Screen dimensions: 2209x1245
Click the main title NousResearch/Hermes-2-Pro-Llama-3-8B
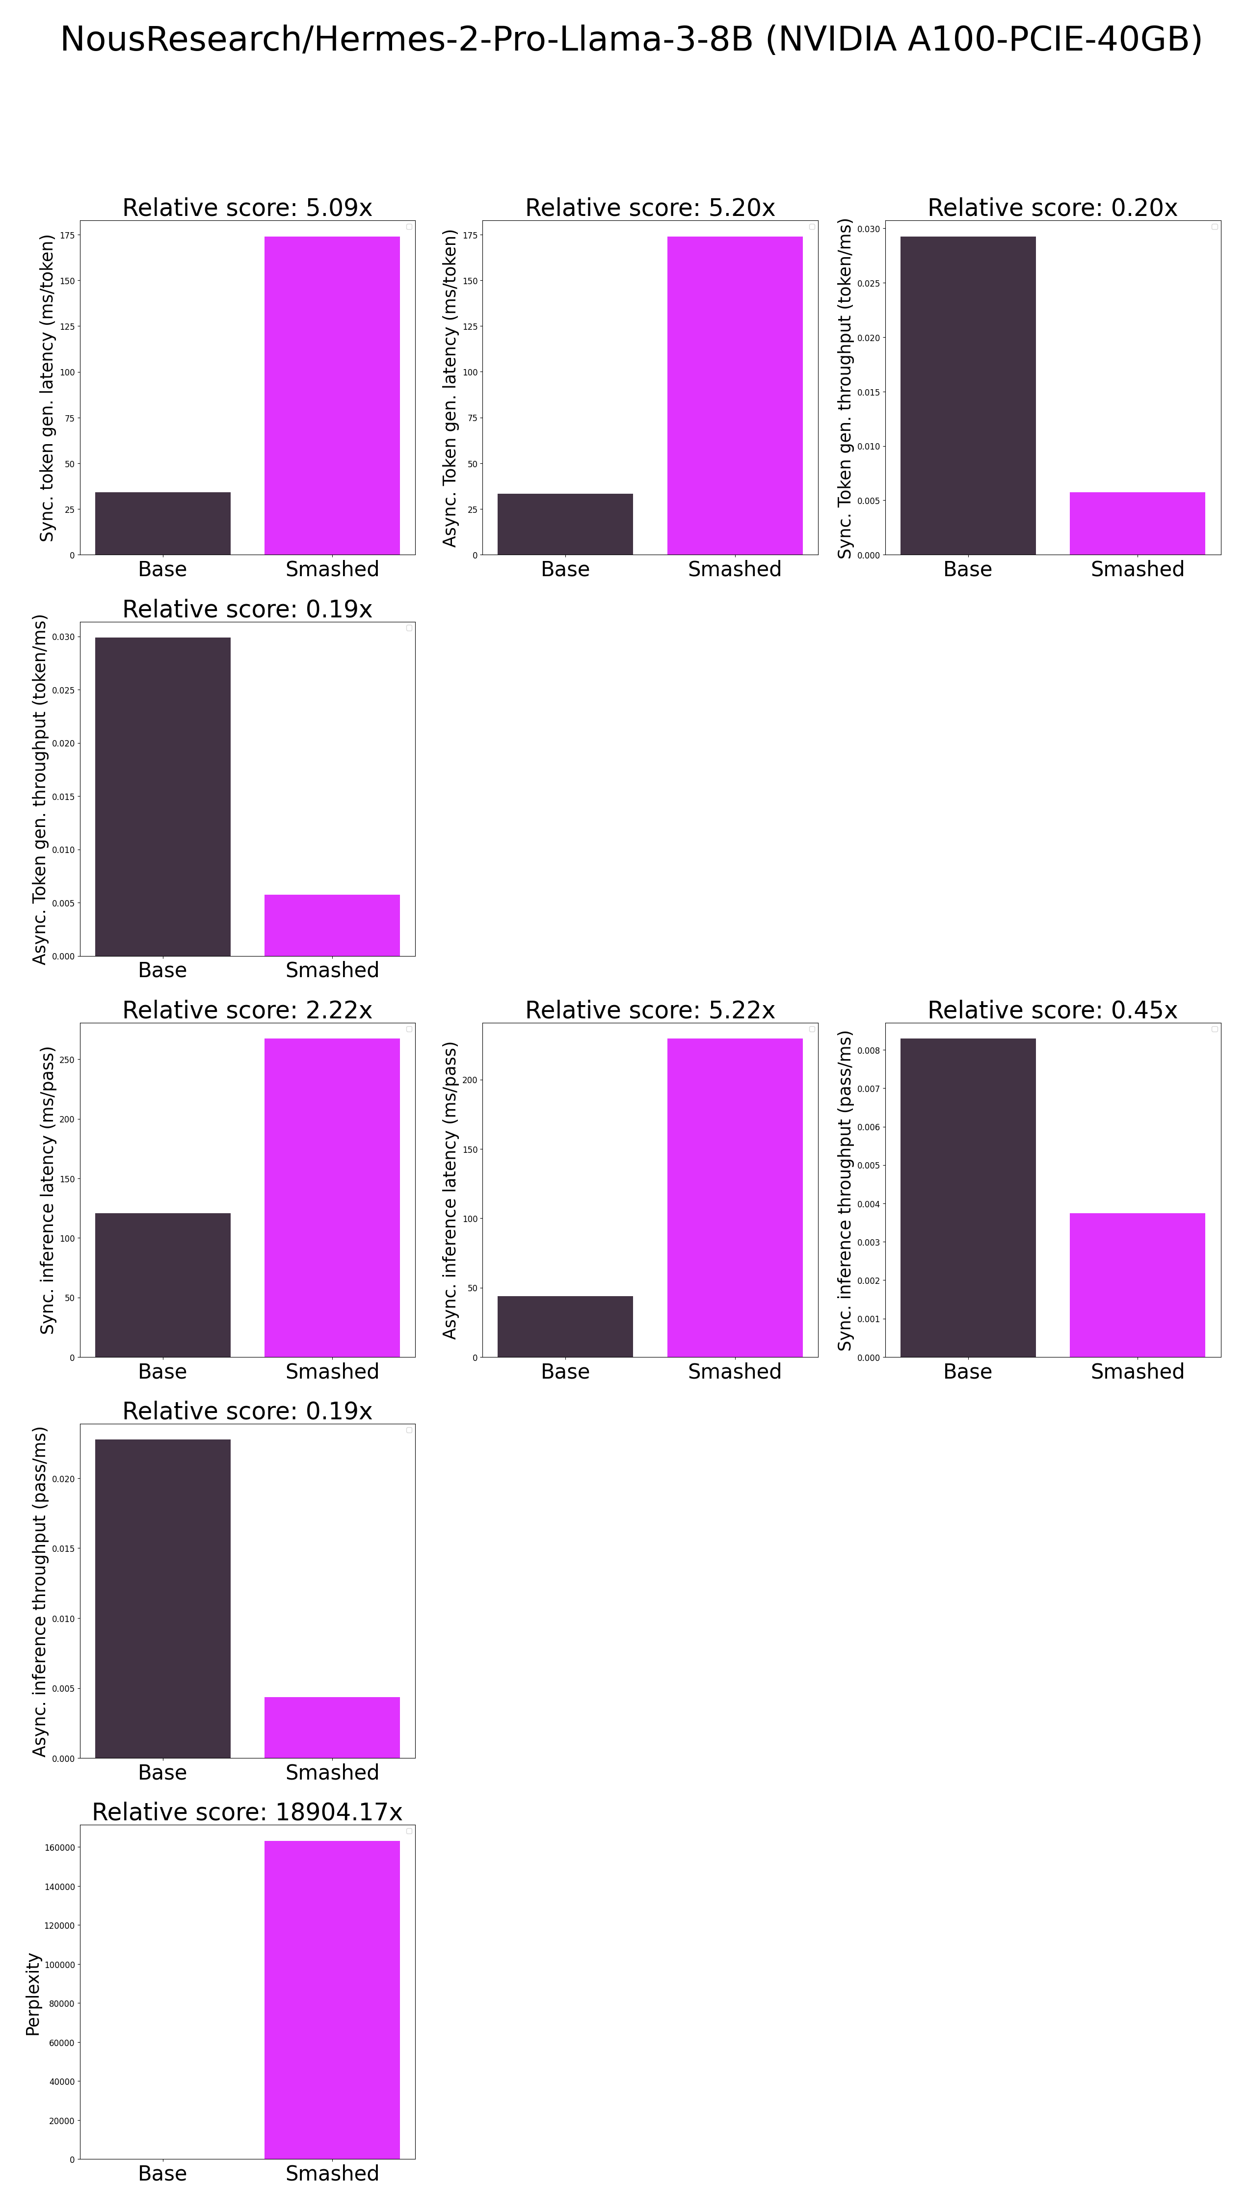(x=631, y=39)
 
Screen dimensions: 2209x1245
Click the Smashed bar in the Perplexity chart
(x=332, y=1998)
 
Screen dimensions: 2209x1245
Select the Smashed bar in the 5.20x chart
(x=735, y=395)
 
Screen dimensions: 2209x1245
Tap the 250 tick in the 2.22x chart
(x=67, y=1060)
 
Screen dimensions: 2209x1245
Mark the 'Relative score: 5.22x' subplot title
(x=650, y=1010)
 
